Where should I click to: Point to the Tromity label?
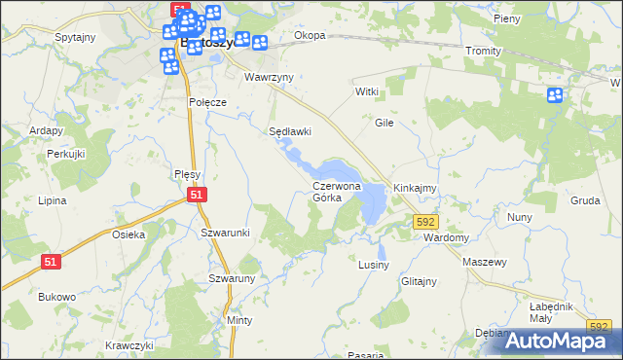483,51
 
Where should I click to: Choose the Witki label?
366,91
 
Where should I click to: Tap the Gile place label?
384,124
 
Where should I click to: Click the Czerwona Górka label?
336,191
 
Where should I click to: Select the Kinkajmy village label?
415,187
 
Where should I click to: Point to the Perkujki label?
67,155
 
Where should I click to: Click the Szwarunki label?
226,233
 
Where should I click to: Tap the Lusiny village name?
374,265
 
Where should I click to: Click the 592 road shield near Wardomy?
424,222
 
